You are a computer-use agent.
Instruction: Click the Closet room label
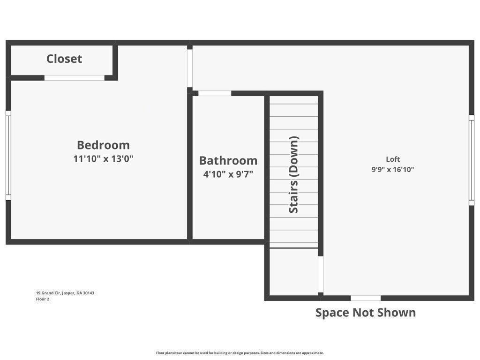point(64,59)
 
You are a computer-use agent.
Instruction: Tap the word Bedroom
point(103,145)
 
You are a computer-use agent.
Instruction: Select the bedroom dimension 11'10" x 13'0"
point(103,158)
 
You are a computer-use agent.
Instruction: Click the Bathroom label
point(228,160)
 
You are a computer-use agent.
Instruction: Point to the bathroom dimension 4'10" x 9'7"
point(228,174)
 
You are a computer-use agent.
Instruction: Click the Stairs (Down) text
point(294,175)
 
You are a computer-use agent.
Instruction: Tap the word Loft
point(393,159)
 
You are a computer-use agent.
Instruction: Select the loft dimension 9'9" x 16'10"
point(393,170)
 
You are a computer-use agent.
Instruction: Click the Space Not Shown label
point(365,313)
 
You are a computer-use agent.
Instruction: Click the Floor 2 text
point(43,299)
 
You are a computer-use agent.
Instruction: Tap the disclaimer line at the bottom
point(240,353)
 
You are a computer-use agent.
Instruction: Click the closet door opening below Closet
point(75,78)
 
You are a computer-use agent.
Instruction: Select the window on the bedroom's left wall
point(8,155)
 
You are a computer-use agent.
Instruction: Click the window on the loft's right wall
point(472,160)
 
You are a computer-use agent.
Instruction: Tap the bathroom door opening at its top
point(215,93)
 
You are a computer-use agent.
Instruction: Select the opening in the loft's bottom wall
point(366,298)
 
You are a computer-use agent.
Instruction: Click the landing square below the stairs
point(293,271)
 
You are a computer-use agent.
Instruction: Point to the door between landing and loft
point(321,274)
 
